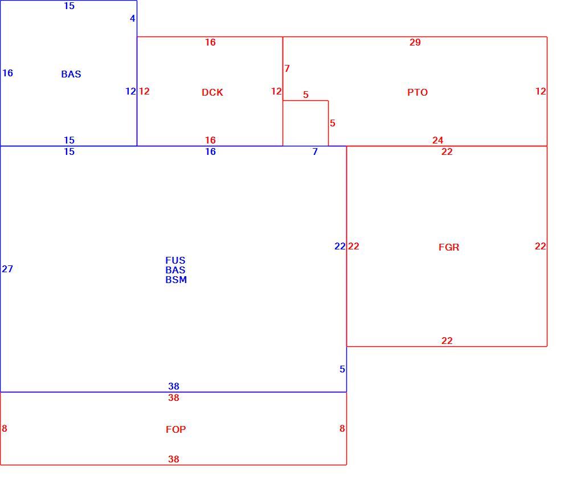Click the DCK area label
(x=212, y=92)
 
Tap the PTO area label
(x=418, y=92)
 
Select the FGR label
(x=449, y=247)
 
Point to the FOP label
(x=175, y=429)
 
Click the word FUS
(x=175, y=260)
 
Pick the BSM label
(x=176, y=280)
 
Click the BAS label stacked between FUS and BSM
(x=175, y=270)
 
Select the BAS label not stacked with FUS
(x=71, y=74)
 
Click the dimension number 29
(x=415, y=42)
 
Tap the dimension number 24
(x=437, y=140)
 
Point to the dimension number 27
(x=7, y=269)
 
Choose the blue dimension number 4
(x=133, y=18)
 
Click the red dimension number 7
(x=287, y=68)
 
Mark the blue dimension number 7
(x=315, y=151)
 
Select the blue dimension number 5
(x=342, y=369)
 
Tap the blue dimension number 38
(x=174, y=386)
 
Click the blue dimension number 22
(x=340, y=246)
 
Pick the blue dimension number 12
(x=131, y=91)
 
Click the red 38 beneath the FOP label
(x=174, y=459)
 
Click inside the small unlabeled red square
(x=305, y=123)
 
